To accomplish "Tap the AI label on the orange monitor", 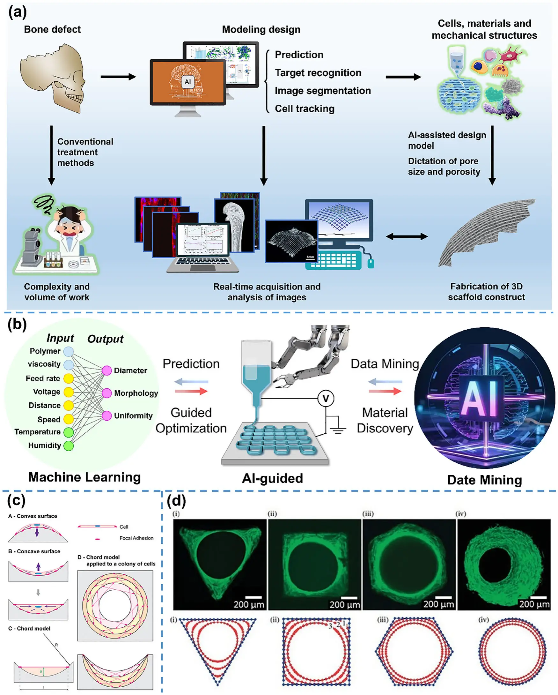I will [x=187, y=82].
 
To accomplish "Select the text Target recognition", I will [x=318, y=73].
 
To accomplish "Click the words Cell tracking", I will [x=305, y=108].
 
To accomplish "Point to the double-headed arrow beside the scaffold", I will [x=407, y=236].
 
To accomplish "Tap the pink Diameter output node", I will [x=106, y=370].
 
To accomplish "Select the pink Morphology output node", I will [x=106, y=393].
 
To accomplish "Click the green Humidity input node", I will [x=68, y=446].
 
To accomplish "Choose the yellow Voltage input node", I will [x=68, y=392].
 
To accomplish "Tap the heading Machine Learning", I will [x=84, y=477].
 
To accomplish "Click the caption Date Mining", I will [x=484, y=480].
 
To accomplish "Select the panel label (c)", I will [x=16, y=501].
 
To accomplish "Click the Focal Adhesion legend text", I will [x=136, y=538].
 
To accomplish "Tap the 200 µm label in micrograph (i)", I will [x=248, y=604].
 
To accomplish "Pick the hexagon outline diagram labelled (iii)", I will [x=414, y=652].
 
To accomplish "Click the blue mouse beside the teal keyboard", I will [x=371, y=263].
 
